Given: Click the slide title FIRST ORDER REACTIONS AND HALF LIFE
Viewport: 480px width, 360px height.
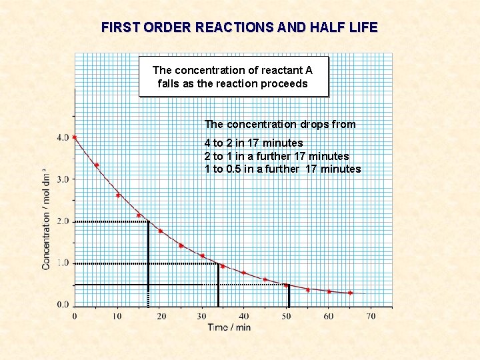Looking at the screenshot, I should tap(239, 27).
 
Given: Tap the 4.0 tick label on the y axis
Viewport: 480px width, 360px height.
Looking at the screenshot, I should tap(62, 137).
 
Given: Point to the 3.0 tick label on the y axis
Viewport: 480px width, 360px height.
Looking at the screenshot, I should tap(62, 179).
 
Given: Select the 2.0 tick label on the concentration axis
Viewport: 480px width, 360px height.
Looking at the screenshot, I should tap(62, 221).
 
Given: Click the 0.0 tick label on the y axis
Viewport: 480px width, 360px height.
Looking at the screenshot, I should tap(62, 305).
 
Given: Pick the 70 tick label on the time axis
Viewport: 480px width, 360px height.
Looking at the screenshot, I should tap(371, 316).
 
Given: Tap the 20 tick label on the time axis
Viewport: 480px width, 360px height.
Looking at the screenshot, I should tap(161, 316).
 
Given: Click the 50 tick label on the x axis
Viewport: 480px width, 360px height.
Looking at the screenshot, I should tap(287, 316).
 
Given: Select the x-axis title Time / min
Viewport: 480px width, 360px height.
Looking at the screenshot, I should tap(229, 327).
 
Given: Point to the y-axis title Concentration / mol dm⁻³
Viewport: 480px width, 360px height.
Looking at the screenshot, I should tap(46, 219).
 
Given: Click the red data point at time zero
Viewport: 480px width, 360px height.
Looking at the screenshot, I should tap(75, 137).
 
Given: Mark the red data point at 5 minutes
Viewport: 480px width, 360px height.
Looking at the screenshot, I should tap(97, 165).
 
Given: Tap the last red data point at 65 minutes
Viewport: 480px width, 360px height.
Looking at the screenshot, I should tap(350, 293).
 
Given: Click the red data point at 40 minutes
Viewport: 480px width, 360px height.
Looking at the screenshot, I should tap(244, 273).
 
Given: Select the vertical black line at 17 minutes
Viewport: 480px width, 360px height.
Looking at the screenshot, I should tap(147, 263).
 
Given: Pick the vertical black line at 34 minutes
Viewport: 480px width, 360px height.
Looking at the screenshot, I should tap(219, 285).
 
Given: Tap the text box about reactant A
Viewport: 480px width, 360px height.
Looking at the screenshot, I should tap(233, 77).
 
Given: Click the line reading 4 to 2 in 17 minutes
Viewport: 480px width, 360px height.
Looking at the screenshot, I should tap(253, 143).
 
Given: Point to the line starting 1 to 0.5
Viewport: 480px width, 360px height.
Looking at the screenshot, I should tap(282, 169).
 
